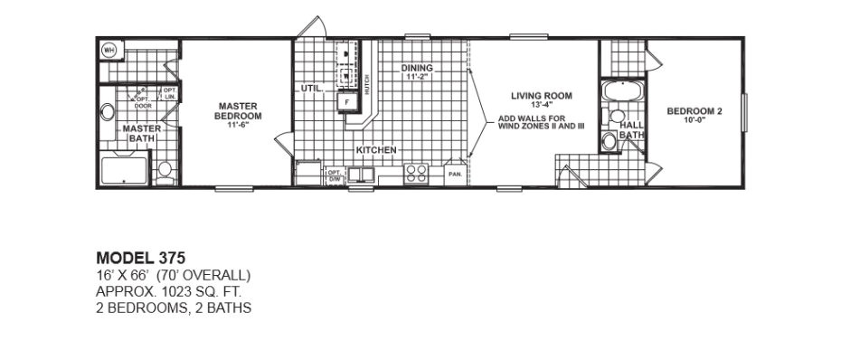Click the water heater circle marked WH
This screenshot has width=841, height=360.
click(x=110, y=51)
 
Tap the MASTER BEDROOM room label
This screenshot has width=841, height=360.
click(x=238, y=111)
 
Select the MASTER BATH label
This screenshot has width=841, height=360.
click(x=141, y=133)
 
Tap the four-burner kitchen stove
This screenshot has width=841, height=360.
click(x=417, y=172)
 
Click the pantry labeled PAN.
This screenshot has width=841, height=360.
click(x=455, y=172)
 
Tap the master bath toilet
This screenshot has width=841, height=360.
click(x=165, y=170)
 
